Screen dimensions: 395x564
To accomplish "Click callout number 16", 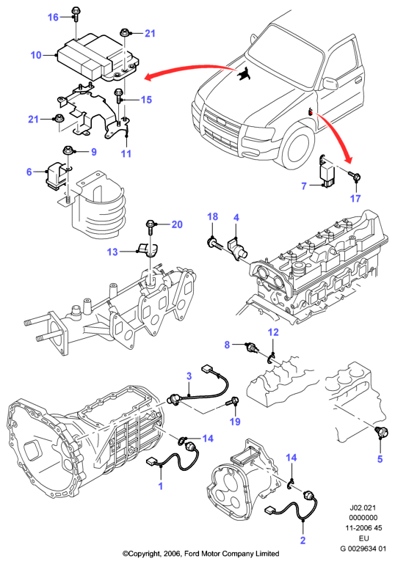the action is (53, 17).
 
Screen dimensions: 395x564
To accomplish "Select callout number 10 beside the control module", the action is (36, 55).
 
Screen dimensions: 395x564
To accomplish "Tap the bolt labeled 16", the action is (76, 15).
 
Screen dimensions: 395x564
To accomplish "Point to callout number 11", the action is (126, 153).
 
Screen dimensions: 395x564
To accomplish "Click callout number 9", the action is (94, 151).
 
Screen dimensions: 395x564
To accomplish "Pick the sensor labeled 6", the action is (56, 175).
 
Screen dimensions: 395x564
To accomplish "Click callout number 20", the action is (177, 224).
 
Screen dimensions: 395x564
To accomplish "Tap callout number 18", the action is (213, 216).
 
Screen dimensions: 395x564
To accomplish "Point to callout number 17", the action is (355, 198).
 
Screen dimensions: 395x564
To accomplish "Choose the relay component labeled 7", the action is (327, 172).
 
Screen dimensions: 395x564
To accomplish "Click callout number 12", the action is (273, 332).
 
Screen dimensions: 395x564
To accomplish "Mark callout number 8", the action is (227, 345).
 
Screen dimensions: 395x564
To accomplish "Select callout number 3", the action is (189, 376).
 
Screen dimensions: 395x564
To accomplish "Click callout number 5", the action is (380, 458).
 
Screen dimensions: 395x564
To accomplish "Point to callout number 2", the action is (302, 540).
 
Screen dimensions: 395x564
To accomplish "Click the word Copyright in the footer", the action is (143, 554).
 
